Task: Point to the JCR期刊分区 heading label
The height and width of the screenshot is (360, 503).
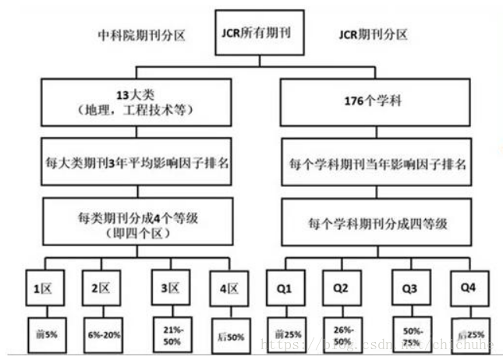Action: [x=374, y=34]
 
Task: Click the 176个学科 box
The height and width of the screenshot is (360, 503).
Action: [x=376, y=102]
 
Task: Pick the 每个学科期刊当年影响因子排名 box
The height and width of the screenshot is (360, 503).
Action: [x=376, y=164]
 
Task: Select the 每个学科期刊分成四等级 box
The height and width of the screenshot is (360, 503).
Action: [x=376, y=224]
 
